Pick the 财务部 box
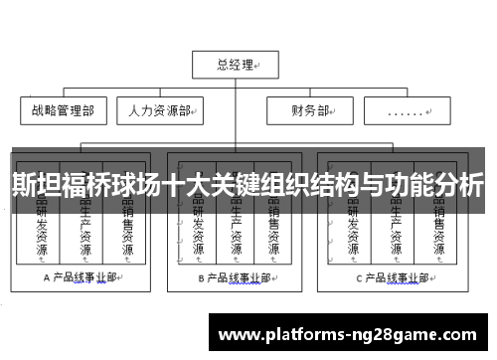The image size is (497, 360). pos(311,110)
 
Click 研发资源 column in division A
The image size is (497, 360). pos(42,234)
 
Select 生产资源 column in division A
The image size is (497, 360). pos(84,234)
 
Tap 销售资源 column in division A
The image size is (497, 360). pos(127,234)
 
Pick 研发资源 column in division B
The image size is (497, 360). pos(196,234)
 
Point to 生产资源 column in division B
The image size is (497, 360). pos(236,234)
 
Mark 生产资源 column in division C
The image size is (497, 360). pos(396,234)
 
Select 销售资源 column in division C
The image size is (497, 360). pos(438,234)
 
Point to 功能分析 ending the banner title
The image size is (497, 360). pos(437,186)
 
